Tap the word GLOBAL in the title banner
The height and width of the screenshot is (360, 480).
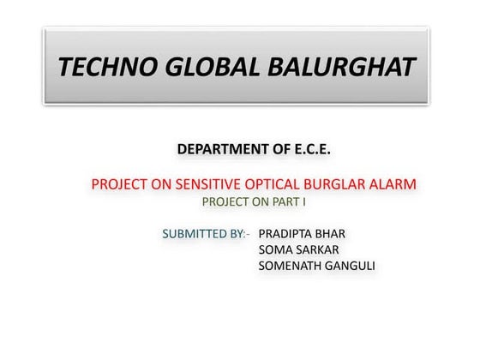pyautogui.click(x=216, y=67)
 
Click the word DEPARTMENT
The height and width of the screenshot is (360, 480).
pyautogui.click(x=223, y=150)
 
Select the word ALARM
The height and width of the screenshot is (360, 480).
pyautogui.click(x=393, y=184)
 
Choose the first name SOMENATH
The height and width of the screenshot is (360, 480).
pyautogui.click(x=291, y=266)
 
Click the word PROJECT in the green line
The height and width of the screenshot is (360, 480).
pyautogui.click(x=224, y=203)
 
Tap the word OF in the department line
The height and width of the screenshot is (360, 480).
pyautogui.click(x=280, y=150)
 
